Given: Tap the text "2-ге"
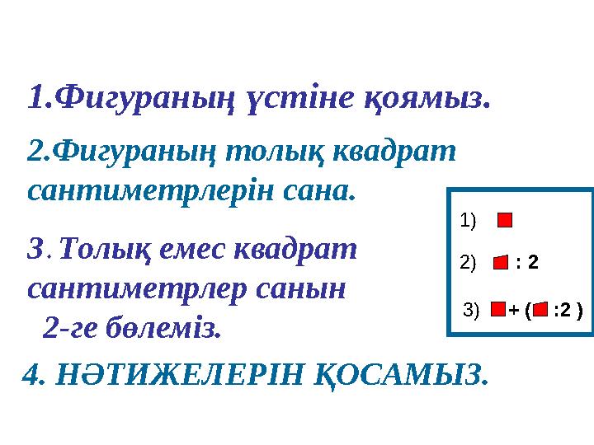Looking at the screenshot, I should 74,329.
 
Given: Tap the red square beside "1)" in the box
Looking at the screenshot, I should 506,220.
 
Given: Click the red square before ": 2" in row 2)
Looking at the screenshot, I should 500,263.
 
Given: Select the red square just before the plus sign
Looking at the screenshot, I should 497,311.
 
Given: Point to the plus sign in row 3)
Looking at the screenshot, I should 514,311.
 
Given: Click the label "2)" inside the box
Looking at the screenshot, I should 468,263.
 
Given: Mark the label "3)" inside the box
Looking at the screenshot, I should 473,311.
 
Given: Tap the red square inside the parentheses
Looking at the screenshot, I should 540,311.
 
